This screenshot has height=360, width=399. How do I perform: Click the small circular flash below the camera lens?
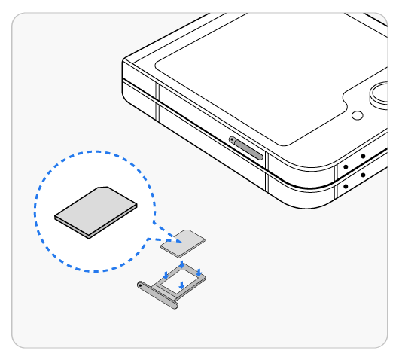[x=358, y=115]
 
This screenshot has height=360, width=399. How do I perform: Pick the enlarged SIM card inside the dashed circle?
[x=96, y=211]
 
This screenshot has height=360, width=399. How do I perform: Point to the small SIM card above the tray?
[x=184, y=241]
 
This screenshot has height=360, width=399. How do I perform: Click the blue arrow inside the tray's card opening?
[x=181, y=285]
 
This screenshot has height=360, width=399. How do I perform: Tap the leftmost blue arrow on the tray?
[x=166, y=275]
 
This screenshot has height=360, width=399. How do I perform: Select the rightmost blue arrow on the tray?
[x=199, y=272]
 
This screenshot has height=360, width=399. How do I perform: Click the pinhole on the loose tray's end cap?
[x=141, y=285]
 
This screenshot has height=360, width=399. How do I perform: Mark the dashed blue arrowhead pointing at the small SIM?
[x=174, y=240]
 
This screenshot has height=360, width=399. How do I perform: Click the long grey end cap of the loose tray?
[x=158, y=295]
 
